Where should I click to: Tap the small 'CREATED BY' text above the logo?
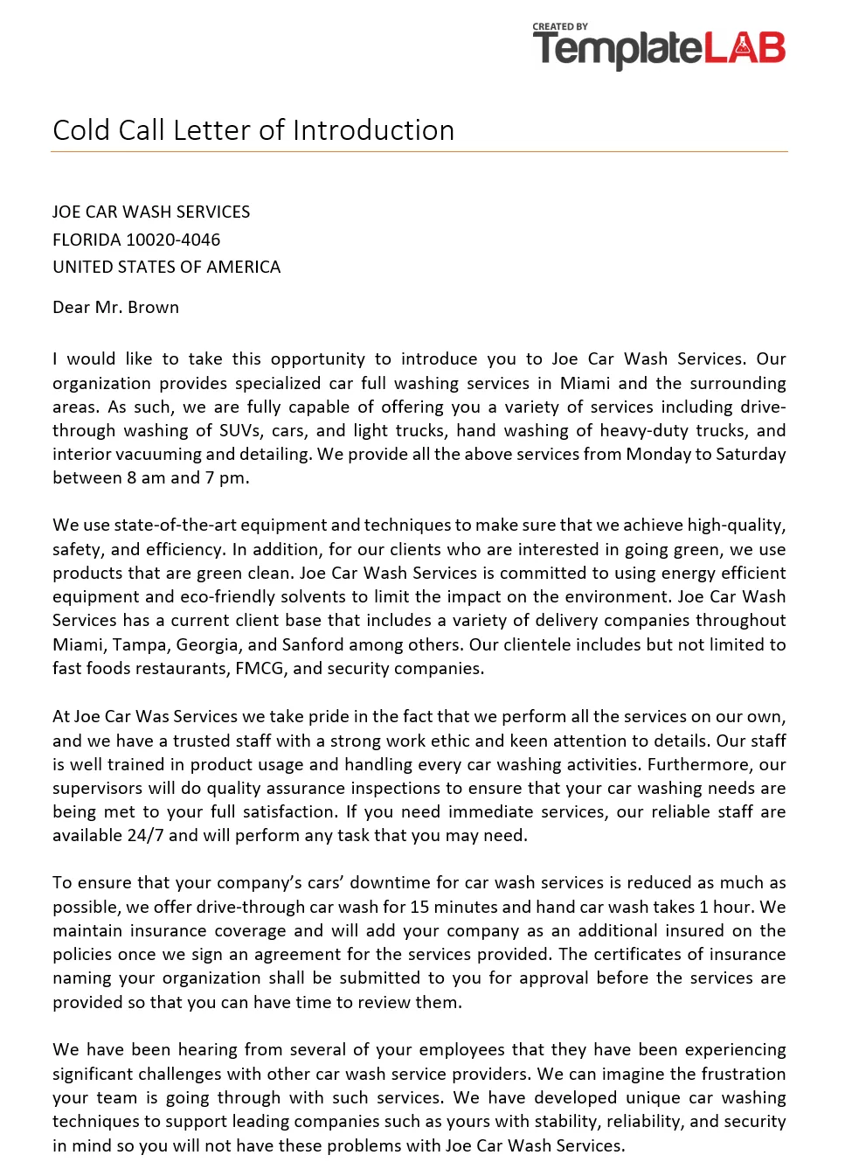point(560,27)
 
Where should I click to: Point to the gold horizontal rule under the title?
point(419,152)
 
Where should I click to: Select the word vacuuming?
point(153,454)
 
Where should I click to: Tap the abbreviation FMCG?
point(260,668)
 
